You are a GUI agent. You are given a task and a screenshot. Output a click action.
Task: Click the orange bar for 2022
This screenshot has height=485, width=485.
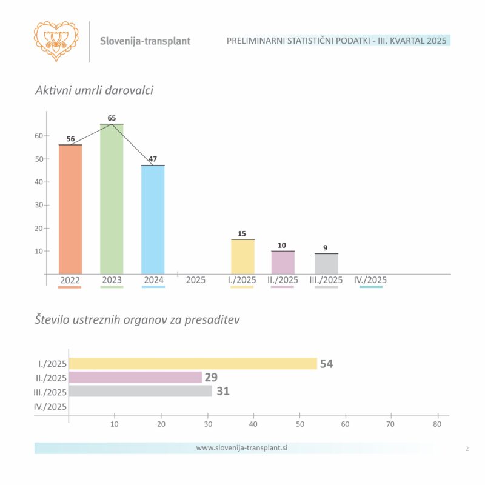pos(70,209)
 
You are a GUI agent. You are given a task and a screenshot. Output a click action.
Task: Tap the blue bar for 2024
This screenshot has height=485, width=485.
pos(153,219)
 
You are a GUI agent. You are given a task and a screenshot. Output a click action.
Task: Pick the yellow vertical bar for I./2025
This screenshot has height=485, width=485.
pos(242,256)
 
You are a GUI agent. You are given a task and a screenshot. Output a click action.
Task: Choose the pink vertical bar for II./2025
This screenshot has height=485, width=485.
pos(283,262)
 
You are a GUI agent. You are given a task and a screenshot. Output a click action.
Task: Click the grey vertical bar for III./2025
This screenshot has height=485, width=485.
pos(326,263)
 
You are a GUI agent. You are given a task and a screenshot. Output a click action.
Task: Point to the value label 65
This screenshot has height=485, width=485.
pos(112,118)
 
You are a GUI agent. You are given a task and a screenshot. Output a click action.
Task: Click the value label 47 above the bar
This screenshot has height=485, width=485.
pos(153,159)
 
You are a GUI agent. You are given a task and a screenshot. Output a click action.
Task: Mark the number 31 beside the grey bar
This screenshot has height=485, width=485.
pos(223,391)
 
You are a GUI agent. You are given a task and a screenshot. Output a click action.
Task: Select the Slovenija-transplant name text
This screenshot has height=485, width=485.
pos(145,41)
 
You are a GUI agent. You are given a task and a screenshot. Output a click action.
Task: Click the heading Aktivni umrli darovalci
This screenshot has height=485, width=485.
pos(94,90)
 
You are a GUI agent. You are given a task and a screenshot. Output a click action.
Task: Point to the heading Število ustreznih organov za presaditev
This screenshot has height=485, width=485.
pos(137,319)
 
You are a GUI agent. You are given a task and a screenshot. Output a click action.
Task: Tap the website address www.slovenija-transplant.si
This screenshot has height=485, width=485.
pos(241,448)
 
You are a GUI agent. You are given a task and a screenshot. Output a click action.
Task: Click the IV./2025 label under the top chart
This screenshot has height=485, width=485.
pos(370,280)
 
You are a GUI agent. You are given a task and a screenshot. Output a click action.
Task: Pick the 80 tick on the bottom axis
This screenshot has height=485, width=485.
pos(437,425)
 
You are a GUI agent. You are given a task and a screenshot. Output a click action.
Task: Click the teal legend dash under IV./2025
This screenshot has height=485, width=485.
pos(370,287)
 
